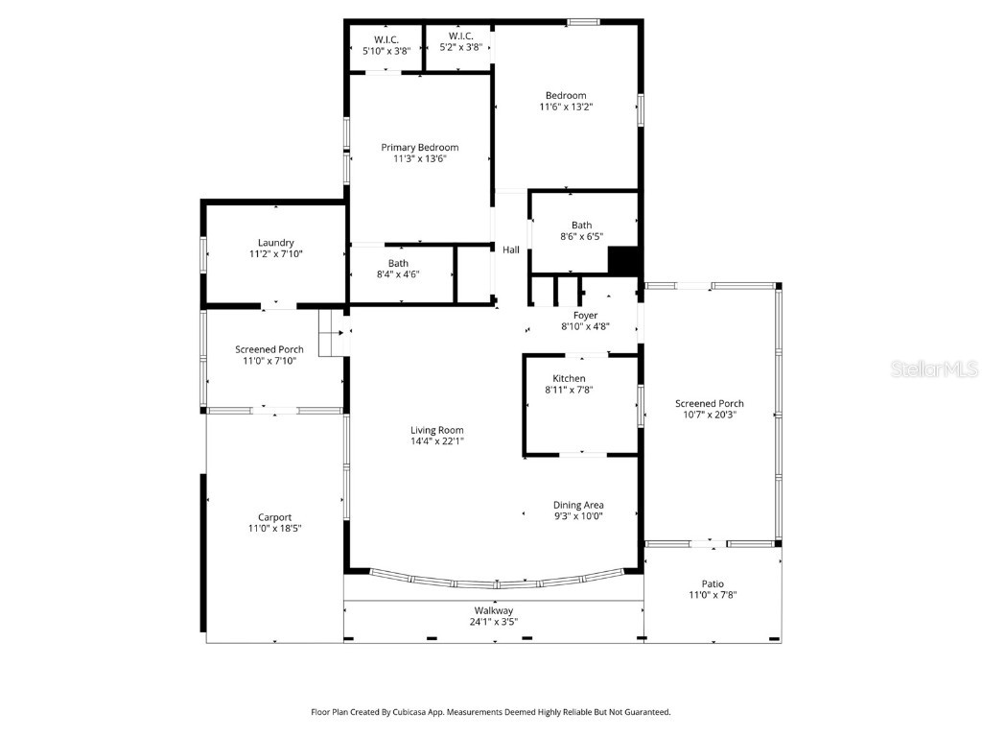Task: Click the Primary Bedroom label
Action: coord(419,148)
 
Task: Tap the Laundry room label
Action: coord(275,243)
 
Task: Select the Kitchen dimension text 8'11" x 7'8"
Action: coord(569,391)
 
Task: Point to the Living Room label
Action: coord(437,431)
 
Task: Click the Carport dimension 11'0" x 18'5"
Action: coord(275,529)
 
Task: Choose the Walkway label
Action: coord(493,610)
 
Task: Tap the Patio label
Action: coord(713,583)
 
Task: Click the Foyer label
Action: coord(585,316)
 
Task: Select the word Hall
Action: coord(511,250)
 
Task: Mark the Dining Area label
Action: coord(578,505)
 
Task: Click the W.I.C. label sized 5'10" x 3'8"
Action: coord(386,39)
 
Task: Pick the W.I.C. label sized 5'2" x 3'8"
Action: coord(459,36)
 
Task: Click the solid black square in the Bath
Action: coord(623,261)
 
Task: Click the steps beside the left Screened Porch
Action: coord(331,332)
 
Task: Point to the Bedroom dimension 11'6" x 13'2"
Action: coord(566,107)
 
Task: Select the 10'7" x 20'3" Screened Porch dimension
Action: coord(709,416)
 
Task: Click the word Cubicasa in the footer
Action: coord(414,712)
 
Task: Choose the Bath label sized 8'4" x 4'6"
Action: coord(398,274)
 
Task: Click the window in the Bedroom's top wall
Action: coord(583,21)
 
